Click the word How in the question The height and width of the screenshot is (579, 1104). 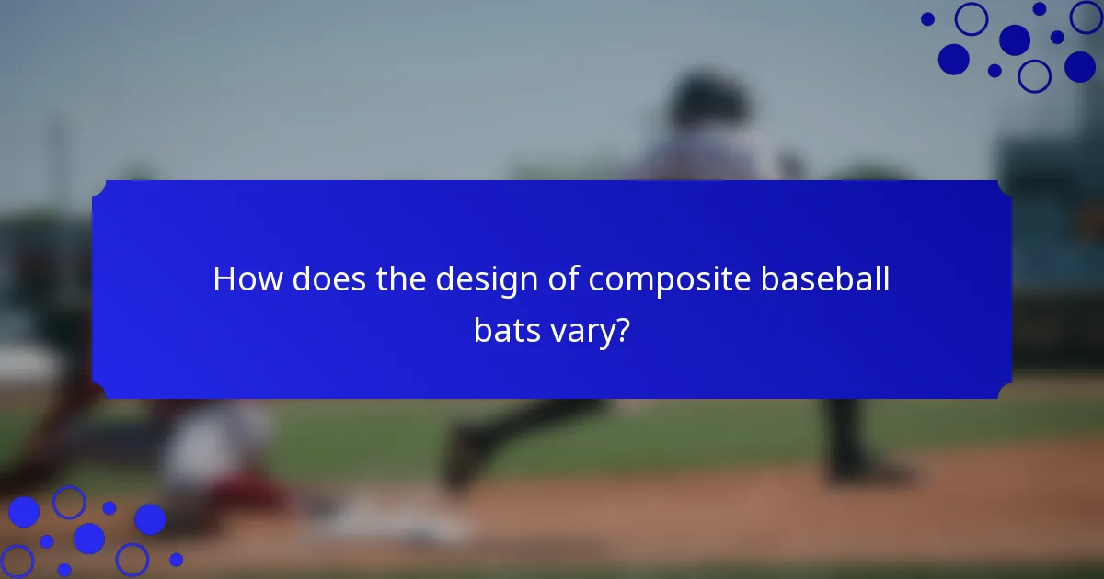tap(247, 279)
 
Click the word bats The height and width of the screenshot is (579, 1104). tap(505, 331)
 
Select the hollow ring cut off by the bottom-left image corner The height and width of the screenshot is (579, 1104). tap(16, 562)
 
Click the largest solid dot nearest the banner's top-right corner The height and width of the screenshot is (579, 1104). tap(954, 59)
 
